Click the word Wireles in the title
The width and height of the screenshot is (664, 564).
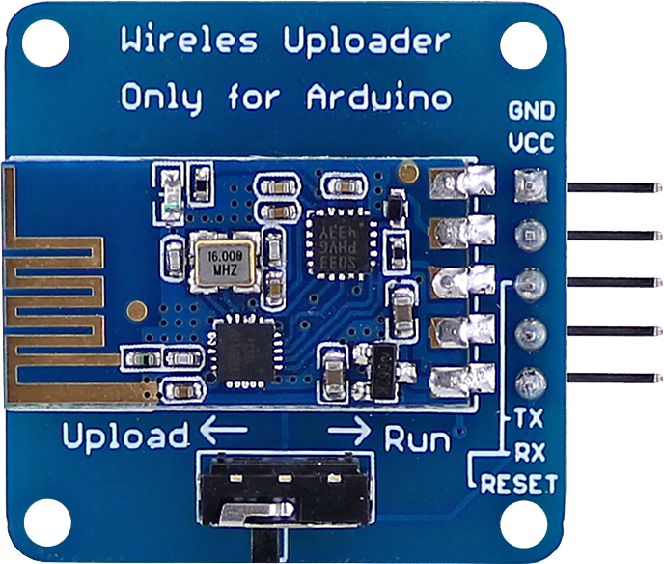pos(189,42)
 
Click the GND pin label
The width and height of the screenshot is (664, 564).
pos(532,112)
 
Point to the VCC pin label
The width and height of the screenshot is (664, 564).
pos(532,144)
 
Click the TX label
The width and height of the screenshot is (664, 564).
pos(527,420)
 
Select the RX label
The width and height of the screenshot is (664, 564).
pos(527,451)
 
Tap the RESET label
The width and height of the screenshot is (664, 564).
pos(519,483)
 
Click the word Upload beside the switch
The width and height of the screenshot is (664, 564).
pos(125,437)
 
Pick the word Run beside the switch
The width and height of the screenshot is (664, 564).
pos(418,440)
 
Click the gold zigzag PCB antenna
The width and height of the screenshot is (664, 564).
pos(58,280)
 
